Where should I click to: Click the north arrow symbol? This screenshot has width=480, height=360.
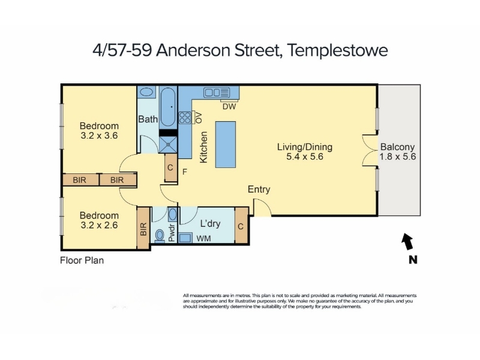pyautogui.click(x=407, y=241)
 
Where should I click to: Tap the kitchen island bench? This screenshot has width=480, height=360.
pyautogui.click(x=226, y=145)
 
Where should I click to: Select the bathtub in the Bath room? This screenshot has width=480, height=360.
pyautogui.click(x=168, y=107)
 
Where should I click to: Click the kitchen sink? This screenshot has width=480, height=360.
pyautogui.click(x=217, y=92)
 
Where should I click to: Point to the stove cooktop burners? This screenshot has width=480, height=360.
pyautogui.click(x=185, y=118)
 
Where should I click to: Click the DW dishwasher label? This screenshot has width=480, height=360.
pyautogui.click(x=229, y=107)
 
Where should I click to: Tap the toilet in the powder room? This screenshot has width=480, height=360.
pyautogui.click(x=160, y=236)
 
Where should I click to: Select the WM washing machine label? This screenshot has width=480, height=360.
pyautogui.click(x=203, y=238)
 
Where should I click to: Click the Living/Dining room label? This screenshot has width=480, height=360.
pyautogui.click(x=305, y=147)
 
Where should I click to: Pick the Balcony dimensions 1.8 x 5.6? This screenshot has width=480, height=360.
pyautogui.click(x=398, y=157)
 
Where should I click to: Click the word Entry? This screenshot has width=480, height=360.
pyautogui.click(x=259, y=189)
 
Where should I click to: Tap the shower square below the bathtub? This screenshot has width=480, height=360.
pyautogui.click(x=168, y=144)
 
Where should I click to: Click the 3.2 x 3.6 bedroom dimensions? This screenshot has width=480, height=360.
pyautogui.click(x=99, y=136)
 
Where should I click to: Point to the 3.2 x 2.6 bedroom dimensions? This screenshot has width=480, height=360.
pyautogui.click(x=99, y=226)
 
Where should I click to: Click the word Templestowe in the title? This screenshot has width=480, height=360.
pyautogui.click(x=338, y=50)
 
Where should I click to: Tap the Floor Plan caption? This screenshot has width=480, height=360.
pyautogui.click(x=82, y=260)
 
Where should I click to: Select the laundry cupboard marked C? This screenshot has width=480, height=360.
pyautogui.click(x=241, y=226)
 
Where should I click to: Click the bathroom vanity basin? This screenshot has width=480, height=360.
pyautogui.click(x=146, y=92)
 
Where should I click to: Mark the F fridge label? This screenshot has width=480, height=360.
pyautogui.click(x=185, y=172)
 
